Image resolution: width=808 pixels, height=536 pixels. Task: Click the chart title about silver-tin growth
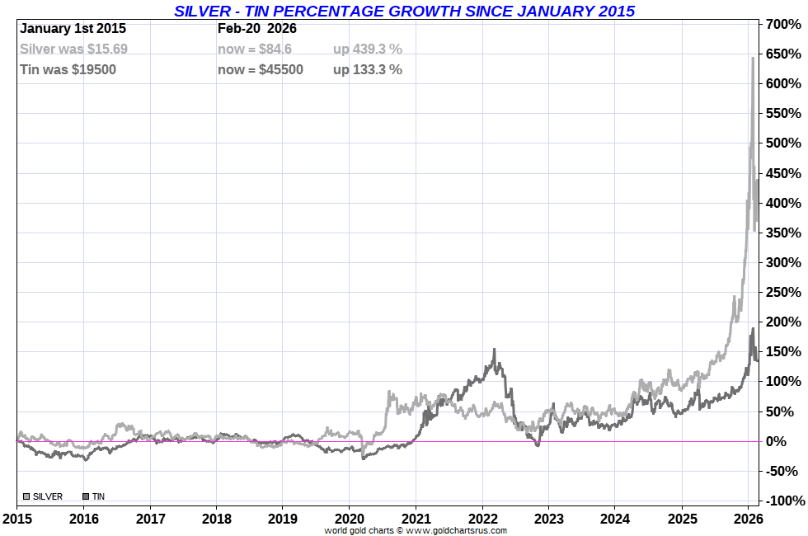404,11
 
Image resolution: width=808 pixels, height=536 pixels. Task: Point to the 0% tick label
784,441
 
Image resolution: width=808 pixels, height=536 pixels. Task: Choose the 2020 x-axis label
349,519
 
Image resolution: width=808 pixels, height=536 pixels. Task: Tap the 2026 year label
748,519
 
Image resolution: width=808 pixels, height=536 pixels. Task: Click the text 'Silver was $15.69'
73,49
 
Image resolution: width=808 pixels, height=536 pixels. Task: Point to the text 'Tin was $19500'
68,69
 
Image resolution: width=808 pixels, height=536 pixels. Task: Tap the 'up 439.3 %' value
368,49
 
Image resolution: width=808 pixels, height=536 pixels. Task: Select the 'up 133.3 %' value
368,69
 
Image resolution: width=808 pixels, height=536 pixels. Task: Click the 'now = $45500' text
261,69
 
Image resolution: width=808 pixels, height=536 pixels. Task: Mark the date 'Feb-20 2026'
257,28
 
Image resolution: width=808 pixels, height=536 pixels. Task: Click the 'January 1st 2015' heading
73,28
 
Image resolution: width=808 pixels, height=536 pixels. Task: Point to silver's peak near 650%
752,58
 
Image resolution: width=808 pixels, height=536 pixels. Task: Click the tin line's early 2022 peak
494,350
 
